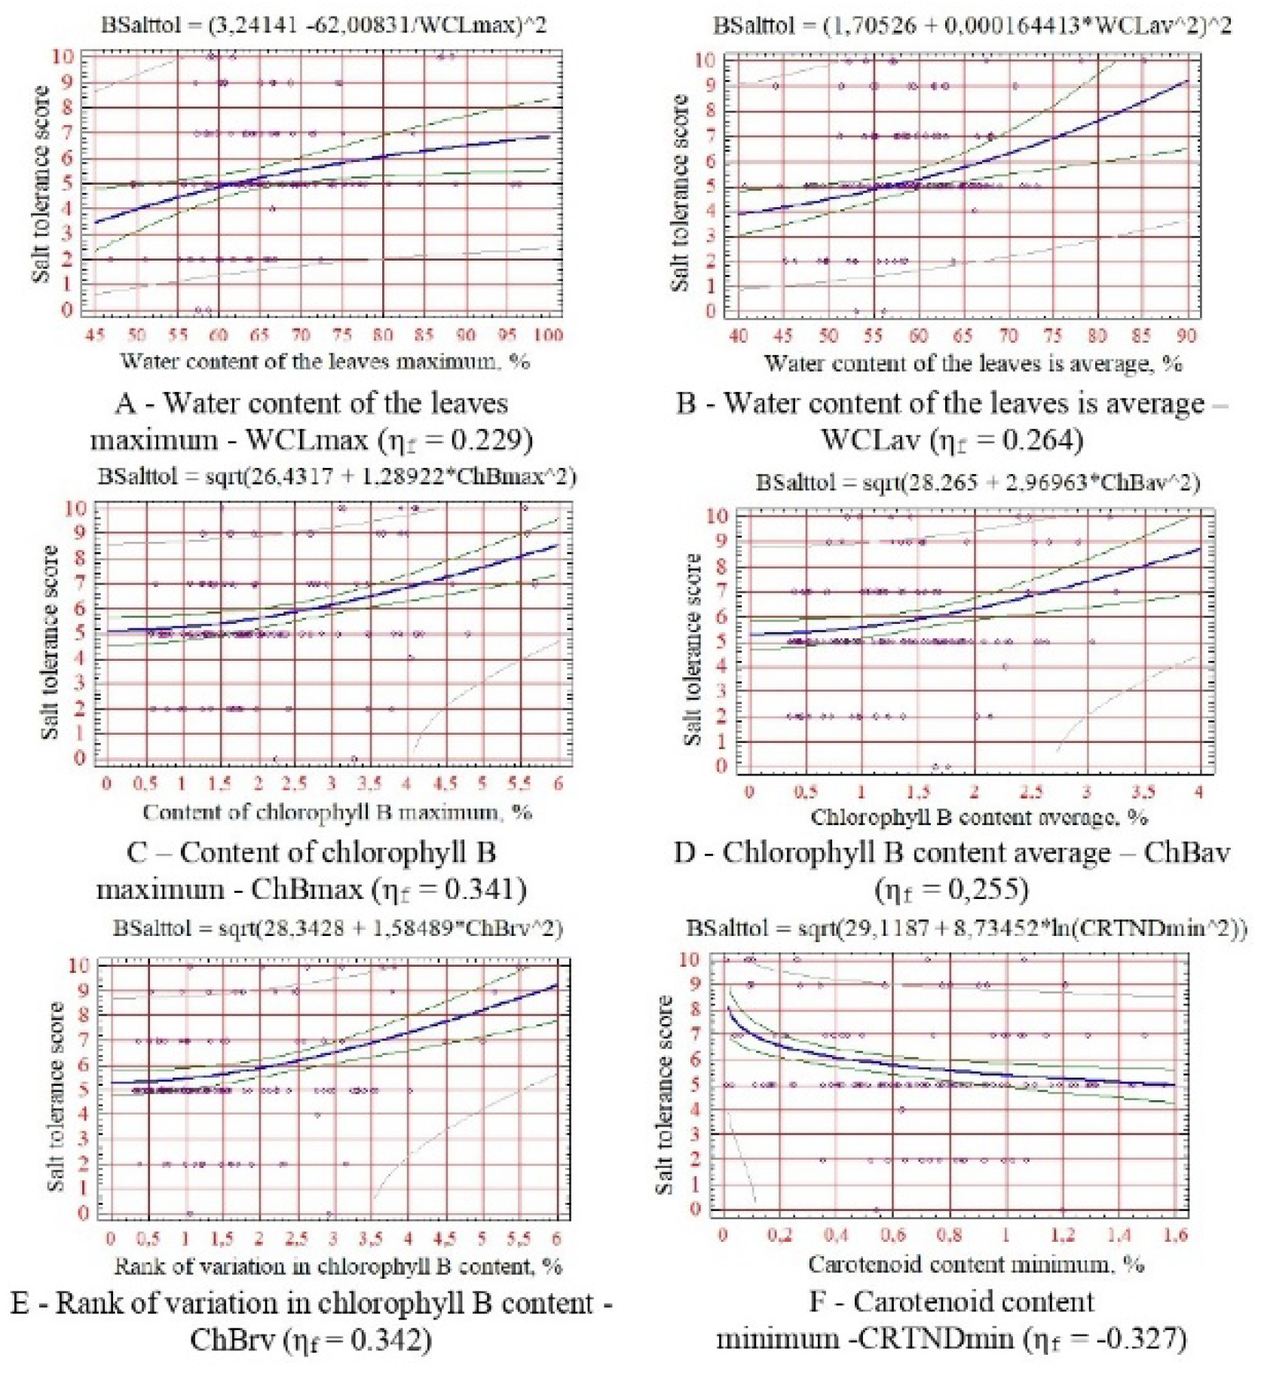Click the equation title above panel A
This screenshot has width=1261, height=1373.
[x=323, y=25]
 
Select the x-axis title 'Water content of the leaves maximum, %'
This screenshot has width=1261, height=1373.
[x=325, y=361]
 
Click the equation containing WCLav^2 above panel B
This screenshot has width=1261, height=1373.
[x=972, y=25]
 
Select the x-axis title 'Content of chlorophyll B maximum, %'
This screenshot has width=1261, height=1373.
[x=337, y=812]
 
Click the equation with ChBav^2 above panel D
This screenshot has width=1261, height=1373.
[x=977, y=482]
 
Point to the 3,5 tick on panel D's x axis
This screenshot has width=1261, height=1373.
[x=1143, y=791]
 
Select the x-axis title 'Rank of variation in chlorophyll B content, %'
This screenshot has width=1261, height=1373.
[x=338, y=1266]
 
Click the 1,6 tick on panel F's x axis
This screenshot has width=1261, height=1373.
[x=1176, y=1234]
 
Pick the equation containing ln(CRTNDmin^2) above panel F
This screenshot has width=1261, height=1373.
[x=966, y=928]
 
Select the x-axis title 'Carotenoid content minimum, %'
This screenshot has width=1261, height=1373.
[x=976, y=1264]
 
